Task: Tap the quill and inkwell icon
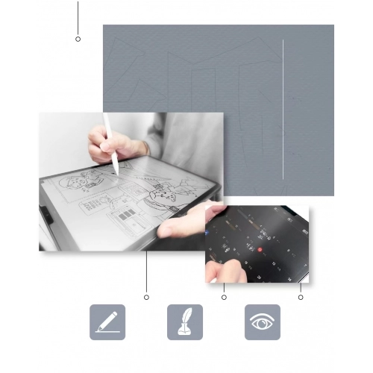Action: coord(185,322)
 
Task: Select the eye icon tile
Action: coord(263,322)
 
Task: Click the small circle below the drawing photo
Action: coord(146,297)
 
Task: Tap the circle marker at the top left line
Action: coord(78,39)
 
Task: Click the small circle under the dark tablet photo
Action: coord(224,297)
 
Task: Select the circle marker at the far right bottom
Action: coord(301,297)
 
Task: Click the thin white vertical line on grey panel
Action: coord(283,112)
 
